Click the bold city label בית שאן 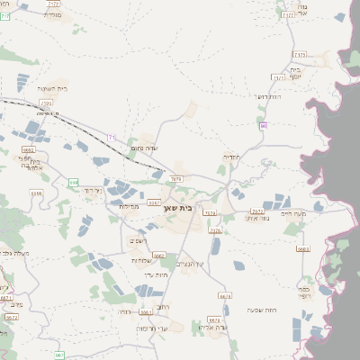click(179, 208)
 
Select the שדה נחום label click(144, 148)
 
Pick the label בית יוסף click(295, 69)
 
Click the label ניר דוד click(94, 190)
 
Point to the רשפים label click(137, 240)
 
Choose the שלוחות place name click(139, 260)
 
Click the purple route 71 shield click(112, 137)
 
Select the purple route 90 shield click(263, 125)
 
